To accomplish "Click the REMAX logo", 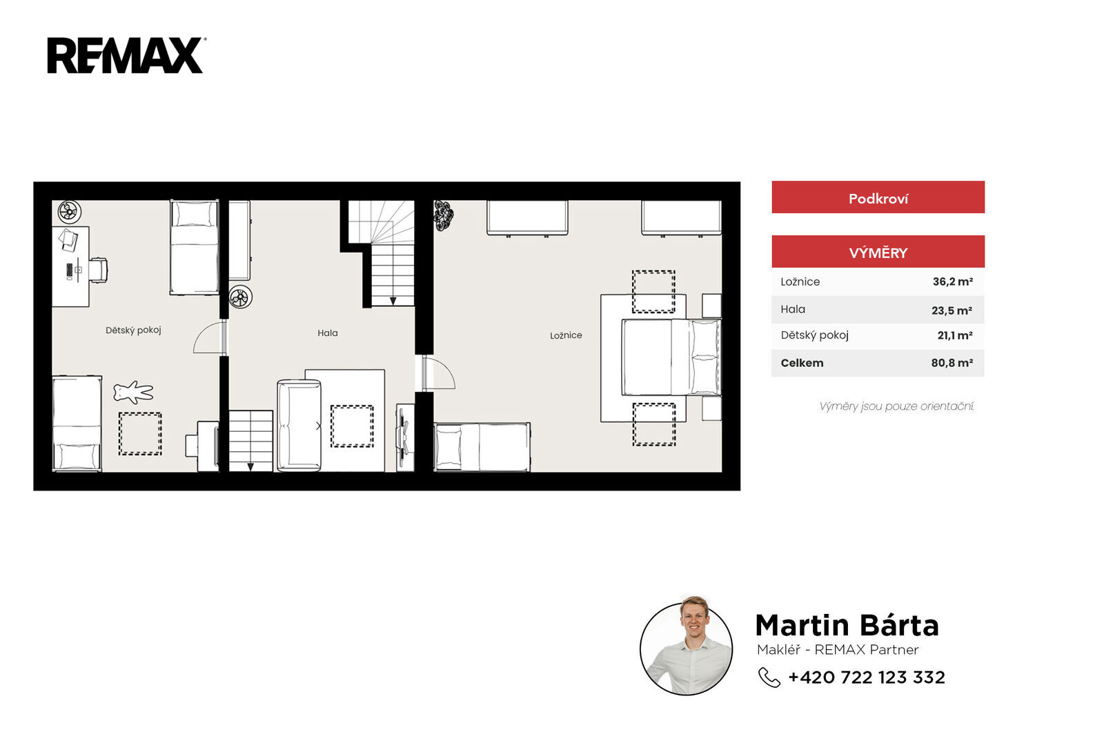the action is pyautogui.click(x=126, y=55).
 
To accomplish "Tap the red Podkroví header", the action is pyautogui.click(x=878, y=197).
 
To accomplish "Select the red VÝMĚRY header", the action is pyautogui.click(x=878, y=252).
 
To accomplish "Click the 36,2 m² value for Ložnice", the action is pyautogui.click(x=952, y=281).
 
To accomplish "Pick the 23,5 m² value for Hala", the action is pyautogui.click(x=952, y=310).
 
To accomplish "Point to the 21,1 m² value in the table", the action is pyautogui.click(x=955, y=335).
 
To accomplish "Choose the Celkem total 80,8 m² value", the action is pyautogui.click(x=952, y=363).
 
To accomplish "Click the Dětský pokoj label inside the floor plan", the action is pyautogui.click(x=133, y=330).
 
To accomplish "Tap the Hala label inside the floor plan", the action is pyautogui.click(x=327, y=333).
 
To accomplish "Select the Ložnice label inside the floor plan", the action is pyautogui.click(x=566, y=335).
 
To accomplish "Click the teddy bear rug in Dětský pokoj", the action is pyautogui.click(x=133, y=392).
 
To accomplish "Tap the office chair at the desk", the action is pyautogui.click(x=98, y=270).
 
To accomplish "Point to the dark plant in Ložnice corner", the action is pyautogui.click(x=444, y=215).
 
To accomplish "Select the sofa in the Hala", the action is pyautogui.click(x=299, y=426).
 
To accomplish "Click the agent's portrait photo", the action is pyautogui.click(x=686, y=646).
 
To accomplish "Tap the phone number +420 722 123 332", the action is pyautogui.click(x=867, y=677).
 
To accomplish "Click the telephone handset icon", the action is pyautogui.click(x=769, y=677).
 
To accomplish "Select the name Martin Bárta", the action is pyautogui.click(x=847, y=625).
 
